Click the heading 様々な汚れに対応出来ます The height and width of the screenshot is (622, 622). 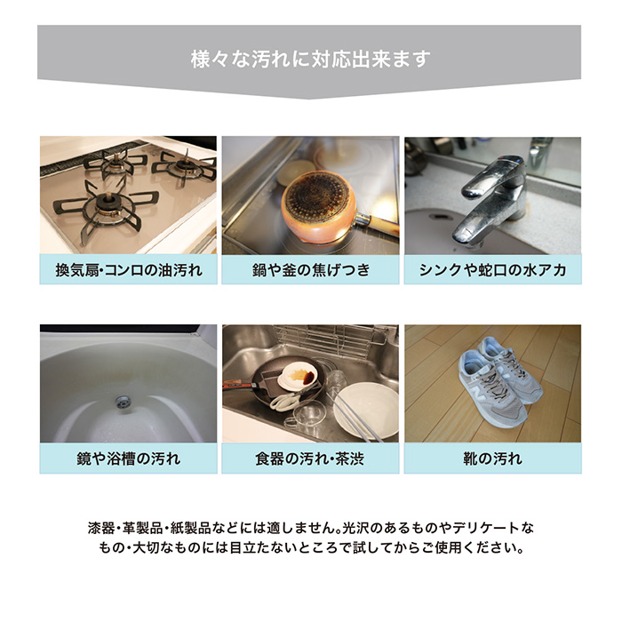point(310,60)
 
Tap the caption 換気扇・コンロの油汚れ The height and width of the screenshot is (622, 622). point(128,269)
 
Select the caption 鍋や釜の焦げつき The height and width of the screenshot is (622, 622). point(310,269)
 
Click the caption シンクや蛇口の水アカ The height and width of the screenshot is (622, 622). point(492,269)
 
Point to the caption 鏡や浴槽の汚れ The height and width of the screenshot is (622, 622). point(128,459)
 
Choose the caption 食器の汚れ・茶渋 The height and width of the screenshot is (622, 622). point(310,459)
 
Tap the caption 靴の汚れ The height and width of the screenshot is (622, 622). point(492,459)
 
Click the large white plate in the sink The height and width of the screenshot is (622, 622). point(367,409)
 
